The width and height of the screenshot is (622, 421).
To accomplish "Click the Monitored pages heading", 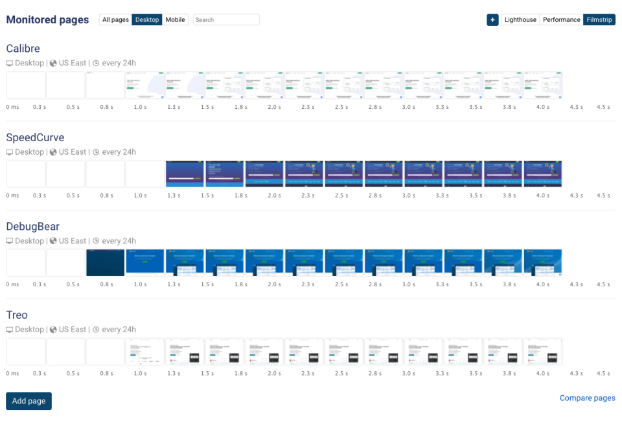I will [x=47, y=19].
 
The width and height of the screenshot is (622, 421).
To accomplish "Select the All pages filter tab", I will [x=115, y=20].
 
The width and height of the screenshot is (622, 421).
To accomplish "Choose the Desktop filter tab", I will [x=147, y=20].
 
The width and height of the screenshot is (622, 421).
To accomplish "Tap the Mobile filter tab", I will [x=175, y=20].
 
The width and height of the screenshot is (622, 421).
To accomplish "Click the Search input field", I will [x=226, y=20].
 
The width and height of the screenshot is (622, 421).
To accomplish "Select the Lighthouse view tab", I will [x=520, y=20].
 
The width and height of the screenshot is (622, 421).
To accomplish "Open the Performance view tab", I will [x=561, y=20].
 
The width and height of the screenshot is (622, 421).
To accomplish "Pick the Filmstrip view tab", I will [x=599, y=20].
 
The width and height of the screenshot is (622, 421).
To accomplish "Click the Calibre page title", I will [x=23, y=49].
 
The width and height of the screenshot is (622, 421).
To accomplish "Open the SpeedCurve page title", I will [x=35, y=137].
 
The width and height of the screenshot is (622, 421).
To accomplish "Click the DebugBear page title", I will [x=32, y=226].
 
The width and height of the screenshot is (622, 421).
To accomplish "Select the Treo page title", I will [x=17, y=315].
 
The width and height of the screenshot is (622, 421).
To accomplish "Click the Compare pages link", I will [x=587, y=398].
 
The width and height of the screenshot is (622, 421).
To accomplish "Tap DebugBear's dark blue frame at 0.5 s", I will [x=105, y=262].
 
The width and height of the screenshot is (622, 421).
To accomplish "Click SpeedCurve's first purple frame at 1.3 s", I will [x=185, y=174].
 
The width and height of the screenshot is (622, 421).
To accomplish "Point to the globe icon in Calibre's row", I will [x=54, y=63].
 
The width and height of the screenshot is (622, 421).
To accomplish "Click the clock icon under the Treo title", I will [x=96, y=330].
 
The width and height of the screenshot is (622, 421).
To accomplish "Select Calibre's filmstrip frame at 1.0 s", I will [x=144, y=85].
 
